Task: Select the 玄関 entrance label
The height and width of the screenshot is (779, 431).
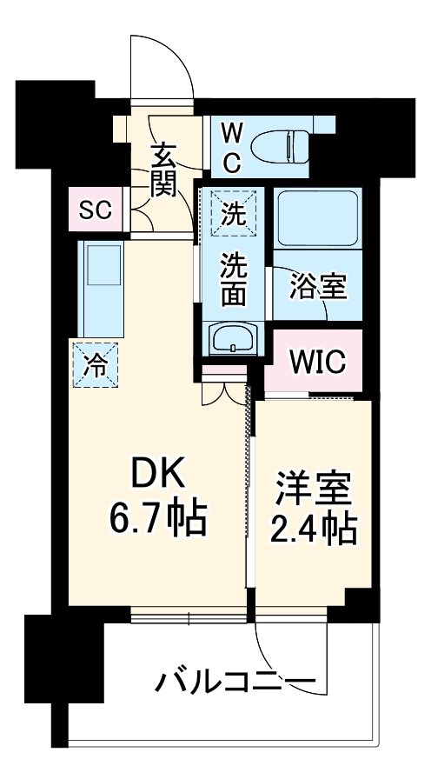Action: (x=162, y=170)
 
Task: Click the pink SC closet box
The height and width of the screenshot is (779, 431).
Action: (x=95, y=210)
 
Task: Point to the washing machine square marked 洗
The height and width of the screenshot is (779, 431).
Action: (x=231, y=214)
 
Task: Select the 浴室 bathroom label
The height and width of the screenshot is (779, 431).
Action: (x=318, y=285)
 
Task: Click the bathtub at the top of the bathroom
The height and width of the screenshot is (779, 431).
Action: (x=317, y=219)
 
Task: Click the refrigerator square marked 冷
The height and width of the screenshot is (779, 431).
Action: (x=96, y=365)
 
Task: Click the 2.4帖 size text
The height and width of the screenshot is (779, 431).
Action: (x=314, y=529)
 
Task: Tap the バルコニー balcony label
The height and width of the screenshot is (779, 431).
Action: (x=235, y=679)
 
